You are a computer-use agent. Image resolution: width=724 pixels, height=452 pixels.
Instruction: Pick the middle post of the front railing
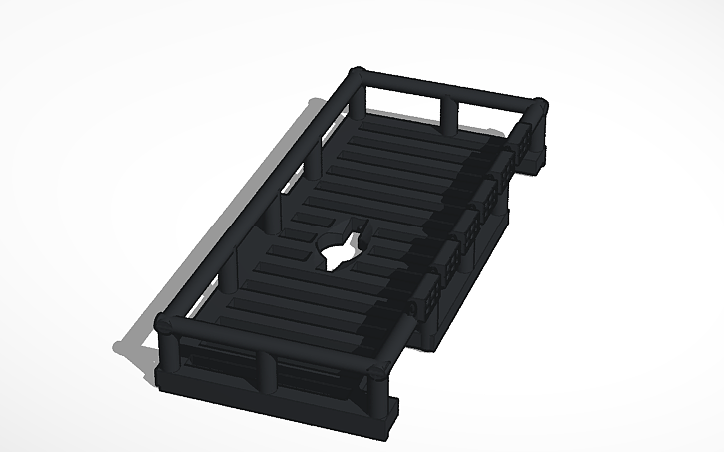[268, 370]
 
